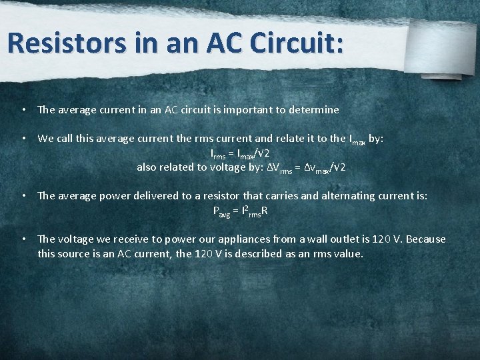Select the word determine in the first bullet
(x=313, y=109)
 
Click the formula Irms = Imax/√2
(x=239, y=153)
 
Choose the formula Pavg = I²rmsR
(x=240, y=211)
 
